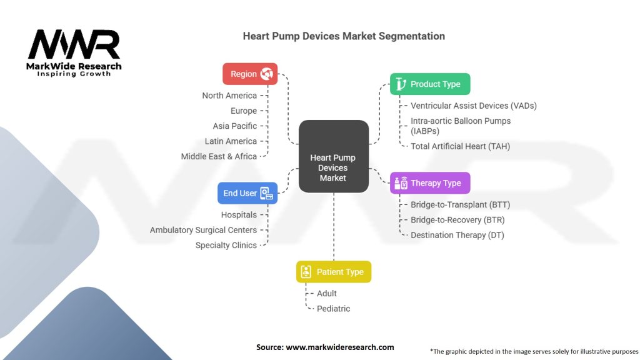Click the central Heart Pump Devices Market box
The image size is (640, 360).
[x=333, y=156]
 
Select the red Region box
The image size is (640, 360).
[x=250, y=74]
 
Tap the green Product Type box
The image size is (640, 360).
[x=430, y=84]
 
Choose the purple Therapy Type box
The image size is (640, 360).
[x=430, y=183]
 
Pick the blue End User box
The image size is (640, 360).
[x=247, y=193]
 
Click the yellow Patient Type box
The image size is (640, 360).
[x=334, y=272]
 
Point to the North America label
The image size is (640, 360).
[x=229, y=96]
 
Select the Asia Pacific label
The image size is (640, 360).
[x=234, y=126]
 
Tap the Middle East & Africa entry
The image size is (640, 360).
[x=219, y=156]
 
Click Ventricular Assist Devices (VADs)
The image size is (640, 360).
[x=473, y=106]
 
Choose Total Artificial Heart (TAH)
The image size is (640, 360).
[x=460, y=146]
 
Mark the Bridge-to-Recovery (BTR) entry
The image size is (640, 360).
[x=457, y=220]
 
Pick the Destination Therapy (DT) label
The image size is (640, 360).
[x=457, y=235]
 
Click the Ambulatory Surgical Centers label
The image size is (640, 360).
[x=203, y=230]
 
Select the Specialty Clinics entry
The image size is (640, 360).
[x=226, y=245]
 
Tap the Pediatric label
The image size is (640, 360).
[x=333, y=309]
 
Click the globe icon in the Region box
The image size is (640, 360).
[x=267, y=74]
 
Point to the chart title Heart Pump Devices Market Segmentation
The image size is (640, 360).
[x=344, y=36]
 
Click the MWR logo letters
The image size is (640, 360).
[x=74, y=44]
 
